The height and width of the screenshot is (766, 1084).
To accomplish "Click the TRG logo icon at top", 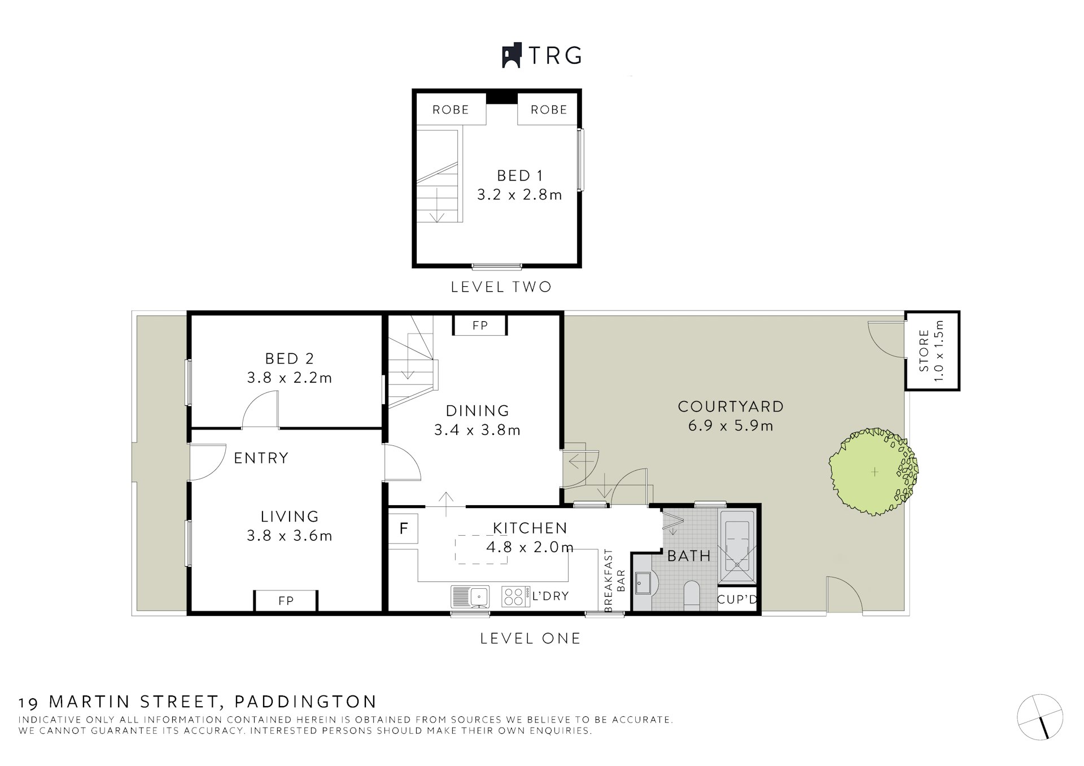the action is click(511, 56).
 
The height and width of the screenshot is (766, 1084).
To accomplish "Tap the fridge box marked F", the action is click(403, 529).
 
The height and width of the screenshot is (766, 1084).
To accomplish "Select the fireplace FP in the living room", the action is click(286, 601).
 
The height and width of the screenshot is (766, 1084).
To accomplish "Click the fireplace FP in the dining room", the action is click(480, 325).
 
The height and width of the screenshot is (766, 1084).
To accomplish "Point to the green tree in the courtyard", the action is click(873, 471).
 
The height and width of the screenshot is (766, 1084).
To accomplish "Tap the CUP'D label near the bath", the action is click(737, 599).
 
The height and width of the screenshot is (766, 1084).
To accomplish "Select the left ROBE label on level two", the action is click(451, 110).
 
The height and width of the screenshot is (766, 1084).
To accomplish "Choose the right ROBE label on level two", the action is click(549, 110).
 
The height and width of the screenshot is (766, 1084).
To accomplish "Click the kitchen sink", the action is click(470, 596).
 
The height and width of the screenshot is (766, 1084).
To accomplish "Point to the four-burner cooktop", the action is click(515, 597).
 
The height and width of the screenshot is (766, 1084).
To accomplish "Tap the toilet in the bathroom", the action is click(692, 595).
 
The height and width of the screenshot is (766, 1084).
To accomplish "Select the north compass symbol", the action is click(1040, 717).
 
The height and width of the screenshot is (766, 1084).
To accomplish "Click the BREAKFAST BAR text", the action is click(614, 580).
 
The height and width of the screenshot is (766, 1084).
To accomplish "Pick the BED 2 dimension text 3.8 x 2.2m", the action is click(289, 378).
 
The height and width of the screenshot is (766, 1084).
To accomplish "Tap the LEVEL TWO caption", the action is click(501, 287).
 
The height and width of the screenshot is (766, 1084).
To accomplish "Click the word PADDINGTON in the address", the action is click(305, 702).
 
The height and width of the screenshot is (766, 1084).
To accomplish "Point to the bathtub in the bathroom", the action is click(737, 546).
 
